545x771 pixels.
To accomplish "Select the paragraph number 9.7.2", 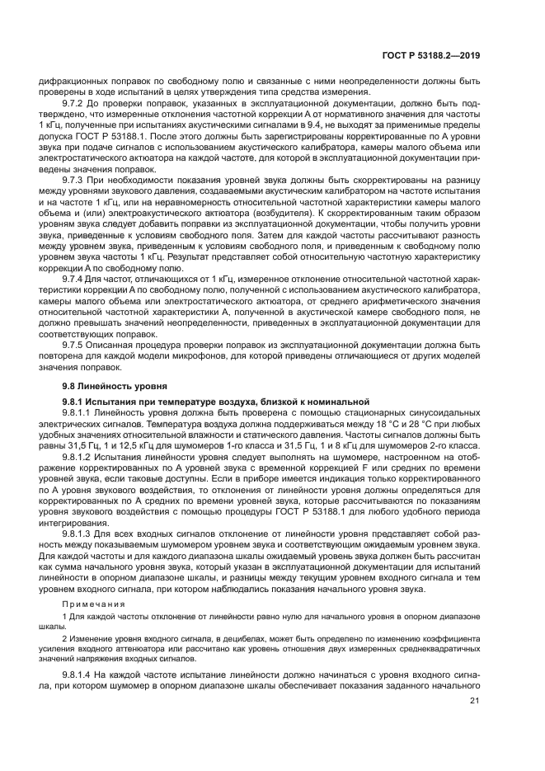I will (x=76, y=105).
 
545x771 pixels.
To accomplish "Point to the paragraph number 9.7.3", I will (x=76, y=178).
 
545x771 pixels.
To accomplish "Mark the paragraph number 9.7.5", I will (x=76, y=345).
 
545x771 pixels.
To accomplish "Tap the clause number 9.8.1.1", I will (x=78, y=411).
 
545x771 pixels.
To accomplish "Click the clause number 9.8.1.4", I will (x=78, y=674).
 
